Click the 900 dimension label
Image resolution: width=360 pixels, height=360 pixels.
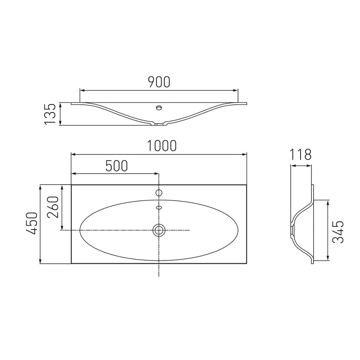click(x=159, y=82)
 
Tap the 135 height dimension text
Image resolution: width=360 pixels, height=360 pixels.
click(x=50, y=114)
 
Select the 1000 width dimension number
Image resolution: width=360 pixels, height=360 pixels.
click(x=162, y=145)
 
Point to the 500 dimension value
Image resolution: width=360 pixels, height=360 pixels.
click(x=117, y=166)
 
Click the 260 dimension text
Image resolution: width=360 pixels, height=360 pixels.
click(x=53, y=207)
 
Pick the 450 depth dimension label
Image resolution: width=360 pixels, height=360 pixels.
click(x=31, y=223)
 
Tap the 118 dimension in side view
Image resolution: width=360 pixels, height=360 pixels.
click(x=300, y=154)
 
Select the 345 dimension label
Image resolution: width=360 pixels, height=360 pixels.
click(x=338, y=232)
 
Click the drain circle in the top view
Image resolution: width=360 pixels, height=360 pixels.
click(x=159, y=230)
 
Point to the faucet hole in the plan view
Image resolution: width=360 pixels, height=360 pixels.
click(x=159, y=193)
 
